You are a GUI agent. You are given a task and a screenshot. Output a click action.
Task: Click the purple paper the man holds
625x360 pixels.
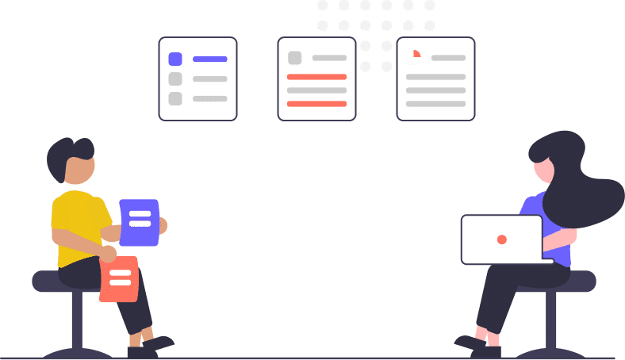coord(140,222)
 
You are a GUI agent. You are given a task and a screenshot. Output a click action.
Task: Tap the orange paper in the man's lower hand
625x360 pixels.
coord(120,278)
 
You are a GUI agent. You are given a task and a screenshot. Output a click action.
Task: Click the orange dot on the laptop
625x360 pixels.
coord(501,239)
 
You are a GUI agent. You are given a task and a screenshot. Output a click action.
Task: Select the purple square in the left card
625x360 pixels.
coord(175,59)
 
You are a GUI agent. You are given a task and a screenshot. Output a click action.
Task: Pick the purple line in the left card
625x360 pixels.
coord(210,59)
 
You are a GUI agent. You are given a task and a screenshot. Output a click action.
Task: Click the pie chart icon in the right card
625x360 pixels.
coord(413,58)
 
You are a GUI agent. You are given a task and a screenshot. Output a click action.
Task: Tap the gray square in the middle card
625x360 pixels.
coord(295,58)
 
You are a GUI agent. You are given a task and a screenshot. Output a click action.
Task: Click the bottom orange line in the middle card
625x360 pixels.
coord(316,104)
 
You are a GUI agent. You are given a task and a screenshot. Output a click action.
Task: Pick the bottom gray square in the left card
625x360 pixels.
coord(175,98)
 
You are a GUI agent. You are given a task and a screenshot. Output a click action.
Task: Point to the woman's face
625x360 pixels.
coord(542,170)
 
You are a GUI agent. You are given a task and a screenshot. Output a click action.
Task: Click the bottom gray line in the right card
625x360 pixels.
coord(435,104)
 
